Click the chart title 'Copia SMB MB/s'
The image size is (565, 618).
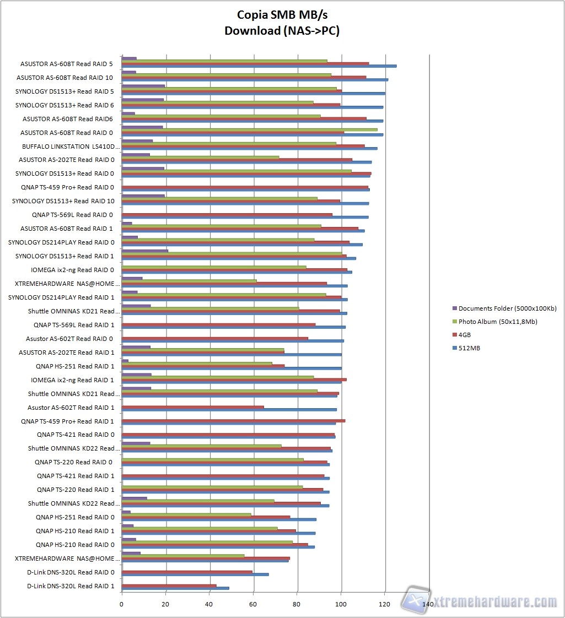(282, 14)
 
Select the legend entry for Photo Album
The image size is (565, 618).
(497, 321)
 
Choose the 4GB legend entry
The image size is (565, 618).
(464, 334)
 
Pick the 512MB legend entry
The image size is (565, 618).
(469, 348)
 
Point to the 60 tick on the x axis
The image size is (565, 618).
(254, 604)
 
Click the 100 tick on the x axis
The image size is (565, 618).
(341, 604)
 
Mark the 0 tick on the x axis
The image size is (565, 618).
(122, 604)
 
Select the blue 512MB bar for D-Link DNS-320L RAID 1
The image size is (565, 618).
(175, 588)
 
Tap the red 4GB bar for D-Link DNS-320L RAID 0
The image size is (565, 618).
(187, 572)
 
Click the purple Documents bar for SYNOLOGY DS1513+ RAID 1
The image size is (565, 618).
(144, 251)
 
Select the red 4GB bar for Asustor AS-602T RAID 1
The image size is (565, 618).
(192, 407)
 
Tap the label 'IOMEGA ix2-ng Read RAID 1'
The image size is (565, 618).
(72, 380)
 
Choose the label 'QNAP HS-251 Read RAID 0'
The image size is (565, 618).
(75, 517)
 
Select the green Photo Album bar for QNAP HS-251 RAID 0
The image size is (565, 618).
(186, 514)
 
